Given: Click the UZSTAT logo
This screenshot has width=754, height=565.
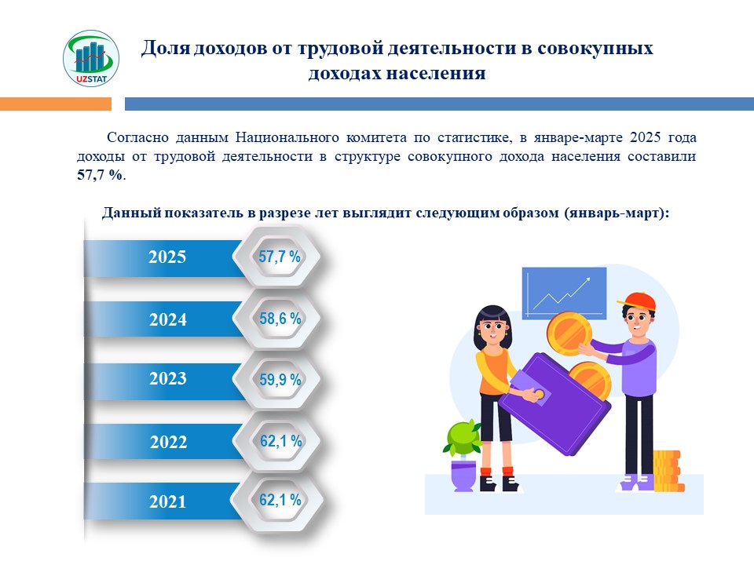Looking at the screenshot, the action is (91, 58).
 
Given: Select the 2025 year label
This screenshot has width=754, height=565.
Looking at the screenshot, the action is (167, 257).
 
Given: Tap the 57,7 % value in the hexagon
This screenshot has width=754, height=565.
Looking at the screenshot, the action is (280, 257).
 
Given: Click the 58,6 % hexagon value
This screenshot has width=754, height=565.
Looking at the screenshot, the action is (280, 319).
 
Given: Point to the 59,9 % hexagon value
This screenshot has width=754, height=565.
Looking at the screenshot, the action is (280, 380).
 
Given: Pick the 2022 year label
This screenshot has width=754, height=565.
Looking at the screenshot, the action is (168, 442).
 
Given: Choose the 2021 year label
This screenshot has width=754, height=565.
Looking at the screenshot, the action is (167, 501).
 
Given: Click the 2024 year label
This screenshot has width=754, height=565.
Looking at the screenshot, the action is (167, 319).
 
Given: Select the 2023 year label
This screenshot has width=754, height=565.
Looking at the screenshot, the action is (167, 378).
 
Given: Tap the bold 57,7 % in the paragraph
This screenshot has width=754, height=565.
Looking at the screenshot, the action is (100, 175).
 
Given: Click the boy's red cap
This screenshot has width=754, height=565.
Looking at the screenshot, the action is (638, 301).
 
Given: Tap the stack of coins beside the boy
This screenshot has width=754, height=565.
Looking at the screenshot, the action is (668, 471).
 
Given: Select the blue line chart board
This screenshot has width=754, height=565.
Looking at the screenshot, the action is (564, 293).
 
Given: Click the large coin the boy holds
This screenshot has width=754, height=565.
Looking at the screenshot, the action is (569, 334).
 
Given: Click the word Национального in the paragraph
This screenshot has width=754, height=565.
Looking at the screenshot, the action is (287, 137).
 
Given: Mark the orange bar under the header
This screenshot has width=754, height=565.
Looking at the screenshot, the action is (56, 104).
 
